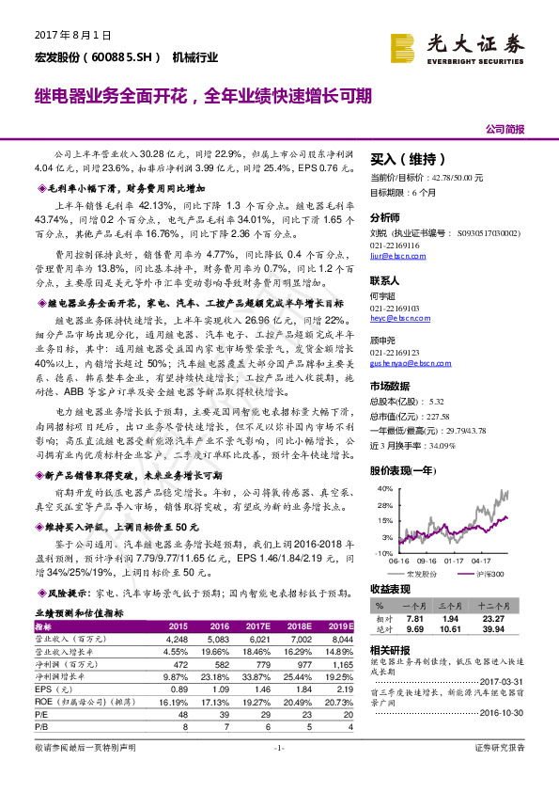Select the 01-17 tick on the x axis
coord(451,561)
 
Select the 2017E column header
coord(257,626)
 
